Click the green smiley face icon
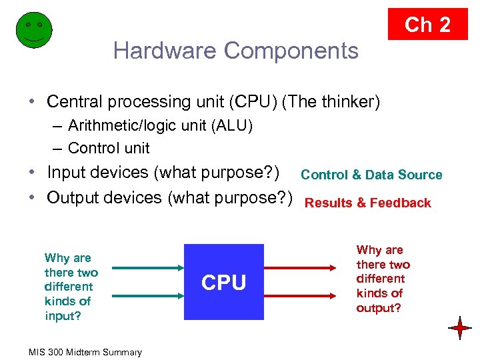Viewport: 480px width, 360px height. coord(33,31)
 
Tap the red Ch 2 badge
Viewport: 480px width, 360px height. coord(428,25)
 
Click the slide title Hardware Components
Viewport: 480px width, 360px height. coord(235,51)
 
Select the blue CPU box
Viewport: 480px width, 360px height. coord(224,283)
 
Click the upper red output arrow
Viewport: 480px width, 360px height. coord(299,265)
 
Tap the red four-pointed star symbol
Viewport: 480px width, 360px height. coord(460,328)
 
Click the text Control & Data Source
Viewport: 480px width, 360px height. coord(371,175)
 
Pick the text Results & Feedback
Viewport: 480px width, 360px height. coord(368,203)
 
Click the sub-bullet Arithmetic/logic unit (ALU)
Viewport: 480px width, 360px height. coord(160,126)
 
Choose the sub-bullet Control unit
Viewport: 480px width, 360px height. coord(109,148)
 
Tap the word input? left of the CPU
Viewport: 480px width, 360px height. coord(63,316)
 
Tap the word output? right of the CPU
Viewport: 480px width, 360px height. coord(379,308)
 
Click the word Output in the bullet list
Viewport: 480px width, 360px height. coord(71,198)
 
